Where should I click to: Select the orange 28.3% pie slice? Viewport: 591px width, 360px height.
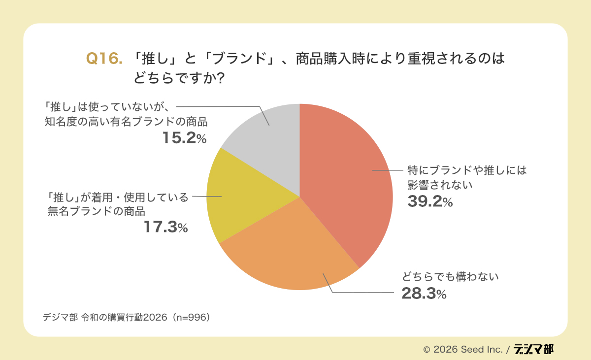pyautogui.click(x=291, y=251)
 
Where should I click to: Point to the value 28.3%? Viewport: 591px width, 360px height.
pyautogui.click(x=424, y=294)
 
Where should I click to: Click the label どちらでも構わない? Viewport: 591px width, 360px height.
pyautogui.click(x=450, y=277)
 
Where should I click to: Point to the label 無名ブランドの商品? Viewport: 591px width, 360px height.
pyautogui.click(x=97, y=211)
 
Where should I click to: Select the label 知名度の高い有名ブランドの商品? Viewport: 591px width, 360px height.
pyautogui.click(x=126, y=122)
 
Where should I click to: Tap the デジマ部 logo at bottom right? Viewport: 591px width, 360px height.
pyautogui.click(x=533, y=349)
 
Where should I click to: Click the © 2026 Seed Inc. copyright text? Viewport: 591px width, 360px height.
pyautogui.click(x=462, y=350)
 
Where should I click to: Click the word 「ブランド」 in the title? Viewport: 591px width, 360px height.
pyautogui.click(x=239, y=59)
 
